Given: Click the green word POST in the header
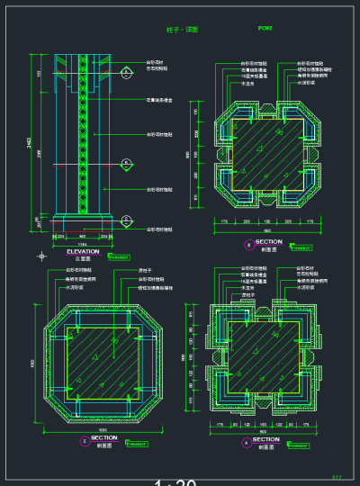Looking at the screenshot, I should click(x=265, y=29).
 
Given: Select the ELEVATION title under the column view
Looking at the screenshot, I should click(x=83, y=251).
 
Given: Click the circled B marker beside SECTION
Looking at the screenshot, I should click(x=249, y=244).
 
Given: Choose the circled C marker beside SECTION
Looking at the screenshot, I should click(x=85, y=440).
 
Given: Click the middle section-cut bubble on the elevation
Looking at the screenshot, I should click(x=127, y=164).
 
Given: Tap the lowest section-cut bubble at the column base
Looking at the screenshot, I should click(x=127, y=220).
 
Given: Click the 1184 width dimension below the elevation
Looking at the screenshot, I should click(x=82, y=243).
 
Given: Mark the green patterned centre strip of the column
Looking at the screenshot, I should click(x=83, y=135).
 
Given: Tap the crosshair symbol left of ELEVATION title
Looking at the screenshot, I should click(x=40, y=256).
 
